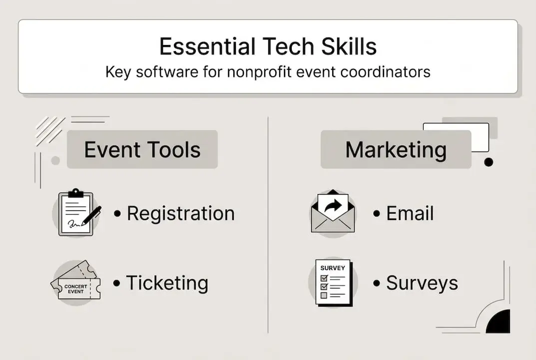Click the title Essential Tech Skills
[x=268, y=46]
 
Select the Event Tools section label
[x=142, y=150]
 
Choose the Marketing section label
[x=396, y=150]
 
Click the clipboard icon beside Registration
[x=75, y=213]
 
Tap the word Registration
[x=180, y=213]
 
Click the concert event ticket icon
[x=75, y=282]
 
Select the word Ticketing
[x=167, y=283]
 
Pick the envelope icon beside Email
[x=333, y=211]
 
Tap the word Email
[x=410, y=213]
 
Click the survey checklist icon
[x=333, y=282]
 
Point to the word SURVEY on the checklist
[x=333, y=268]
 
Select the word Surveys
[x=422, y=283]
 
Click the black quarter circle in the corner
[x=500, y=323]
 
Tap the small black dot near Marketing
[x=489, y=162]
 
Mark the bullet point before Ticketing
[x=117, y=283]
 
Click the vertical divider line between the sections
[x=268, y=225]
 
